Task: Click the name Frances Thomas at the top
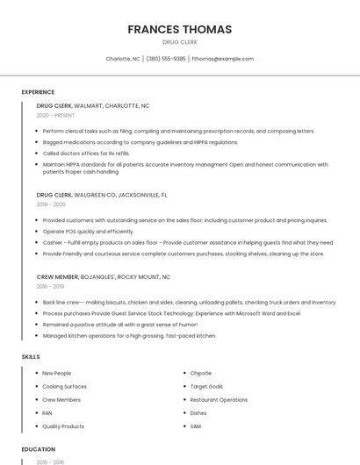179,29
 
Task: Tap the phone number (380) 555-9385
166,59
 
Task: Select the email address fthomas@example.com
222,59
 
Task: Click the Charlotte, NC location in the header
123,59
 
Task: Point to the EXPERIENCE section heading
38,92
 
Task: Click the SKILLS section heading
30,357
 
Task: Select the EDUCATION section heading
39,449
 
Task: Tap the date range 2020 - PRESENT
55,115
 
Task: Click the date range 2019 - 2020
51,204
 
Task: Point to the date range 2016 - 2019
50,286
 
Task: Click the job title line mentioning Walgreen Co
101,195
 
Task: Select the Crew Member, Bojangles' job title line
103,276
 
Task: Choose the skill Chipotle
201,373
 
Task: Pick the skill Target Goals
206,386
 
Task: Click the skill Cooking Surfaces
64,386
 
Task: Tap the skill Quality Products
63,426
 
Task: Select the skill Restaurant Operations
219,399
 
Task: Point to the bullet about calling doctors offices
86,153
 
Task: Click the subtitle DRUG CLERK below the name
179,42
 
